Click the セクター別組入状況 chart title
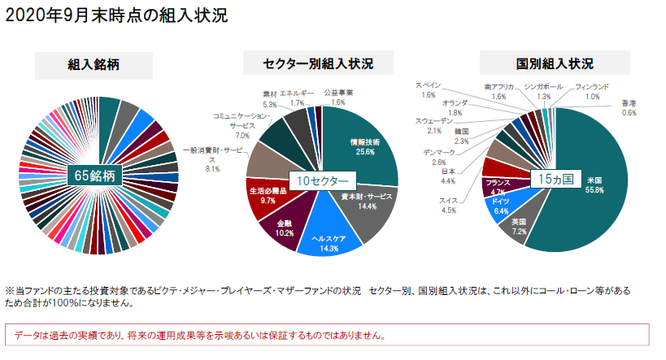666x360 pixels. [319, 63]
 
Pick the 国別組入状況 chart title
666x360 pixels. [555, 63]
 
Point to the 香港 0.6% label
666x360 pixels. [629, 108]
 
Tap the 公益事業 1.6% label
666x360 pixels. [338, 98]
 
